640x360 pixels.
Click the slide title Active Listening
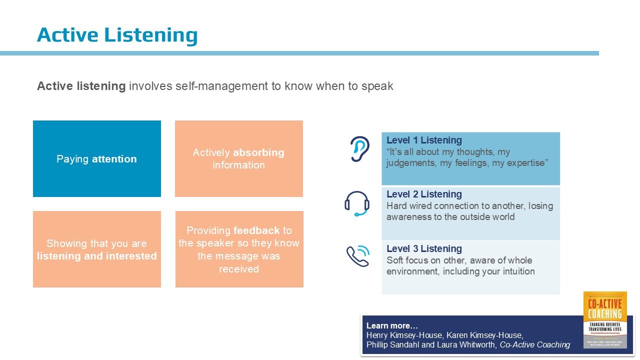(x=117, y=35)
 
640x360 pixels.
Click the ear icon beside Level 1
(x=358, y=149)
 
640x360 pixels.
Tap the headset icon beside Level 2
(x=356, y=203)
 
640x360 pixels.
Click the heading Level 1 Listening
(x=424, y=140)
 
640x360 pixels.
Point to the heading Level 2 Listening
(x=424, y=194)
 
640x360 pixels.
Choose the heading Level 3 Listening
(x=424, y=249)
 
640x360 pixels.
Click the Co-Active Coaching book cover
(x=605, y=320)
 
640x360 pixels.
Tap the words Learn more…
(x=392, y=325)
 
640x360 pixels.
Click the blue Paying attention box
(x=97, y=159)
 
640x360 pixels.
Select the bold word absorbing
(x=258, y=152)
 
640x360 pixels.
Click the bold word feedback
(x=256, y=230)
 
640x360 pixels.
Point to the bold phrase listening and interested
(x=97, y=256)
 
